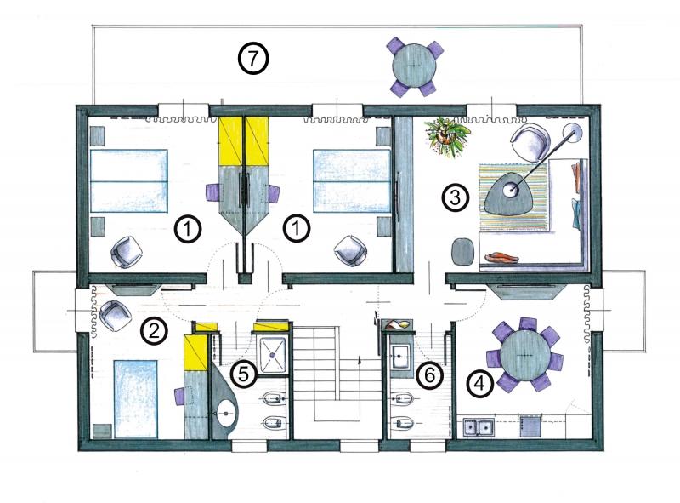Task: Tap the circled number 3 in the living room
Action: coord(455,198)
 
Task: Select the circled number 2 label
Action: coord(154,332)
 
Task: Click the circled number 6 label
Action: coord(429,374)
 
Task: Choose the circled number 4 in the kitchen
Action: coord(479,384)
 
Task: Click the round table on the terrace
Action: coord(414,66)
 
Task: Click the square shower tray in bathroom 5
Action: coord(272,355)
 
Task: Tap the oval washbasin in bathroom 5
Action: coord(226,413)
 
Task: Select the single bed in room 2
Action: coord(135,398)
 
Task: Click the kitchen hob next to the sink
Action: coord(530,426)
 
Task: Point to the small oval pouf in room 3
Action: coord(462,250)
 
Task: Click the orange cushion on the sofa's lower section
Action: coord(501,258)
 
